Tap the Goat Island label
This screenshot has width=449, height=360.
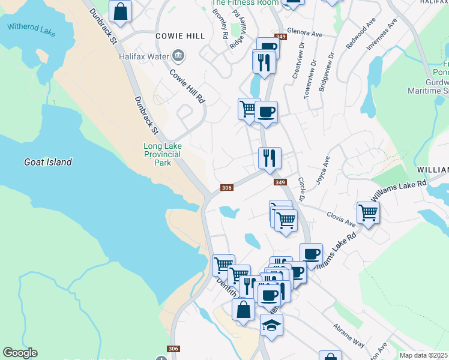[x=48, y=162]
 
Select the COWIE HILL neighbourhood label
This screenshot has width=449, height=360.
[x=180, y=36]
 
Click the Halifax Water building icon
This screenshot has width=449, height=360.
[x=178, y=56]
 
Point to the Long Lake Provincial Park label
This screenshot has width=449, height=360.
[x=162, y=154]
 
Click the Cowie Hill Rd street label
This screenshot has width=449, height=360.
[x=187, y=86]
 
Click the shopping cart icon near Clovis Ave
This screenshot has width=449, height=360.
[x=368, y=212]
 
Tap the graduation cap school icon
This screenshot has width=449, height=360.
[x=271, y=326]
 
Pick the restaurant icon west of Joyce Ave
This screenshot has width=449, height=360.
[x=270, y=158]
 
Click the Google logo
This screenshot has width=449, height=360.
[x=20, y=353]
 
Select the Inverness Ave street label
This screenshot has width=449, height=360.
[x=382, y=35]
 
